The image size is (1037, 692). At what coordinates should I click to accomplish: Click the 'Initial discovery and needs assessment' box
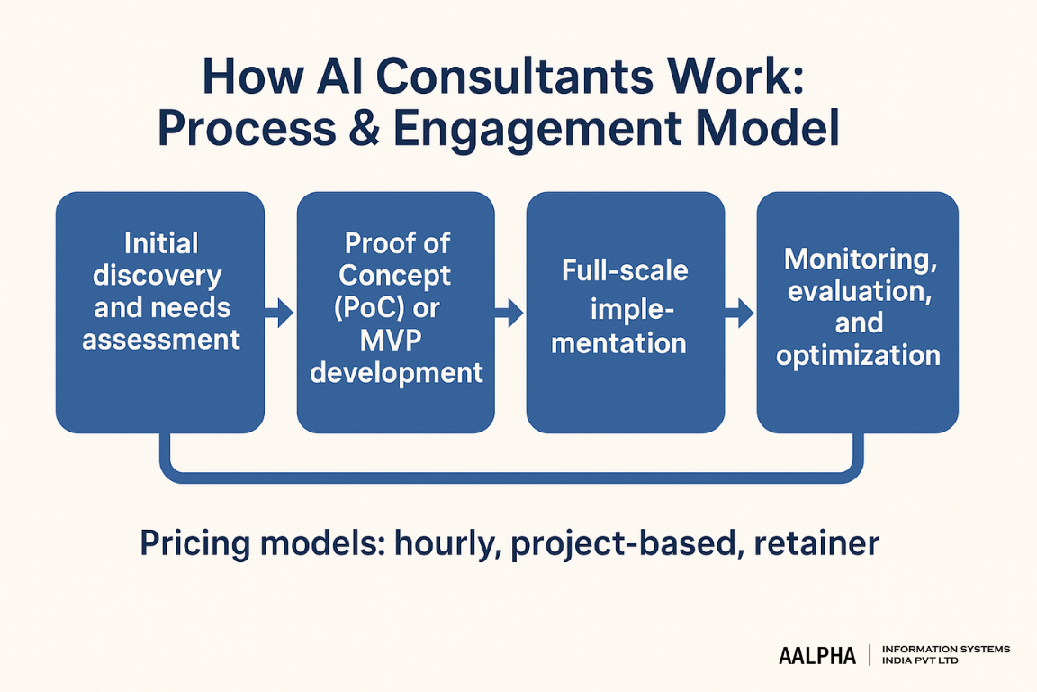(160, 311)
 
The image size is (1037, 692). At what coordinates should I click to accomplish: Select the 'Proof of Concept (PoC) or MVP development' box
(396, 311)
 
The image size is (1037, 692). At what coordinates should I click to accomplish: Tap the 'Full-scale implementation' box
(625, 311)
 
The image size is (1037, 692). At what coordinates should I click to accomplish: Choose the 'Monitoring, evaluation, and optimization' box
(857, 311)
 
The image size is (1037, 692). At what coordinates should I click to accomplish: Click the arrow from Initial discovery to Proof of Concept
(280, 314)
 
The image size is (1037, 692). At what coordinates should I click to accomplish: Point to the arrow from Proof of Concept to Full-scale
(509, 314)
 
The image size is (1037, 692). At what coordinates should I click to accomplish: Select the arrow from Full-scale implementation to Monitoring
(740, 314)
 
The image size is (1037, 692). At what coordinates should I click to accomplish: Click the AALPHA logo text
(816, 656)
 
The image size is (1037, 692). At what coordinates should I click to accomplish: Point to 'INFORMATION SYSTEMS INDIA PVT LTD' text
(945, 655)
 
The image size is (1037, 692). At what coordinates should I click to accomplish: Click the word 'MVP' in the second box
(395, 340)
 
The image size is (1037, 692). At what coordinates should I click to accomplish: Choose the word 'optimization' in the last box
(858, 355)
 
